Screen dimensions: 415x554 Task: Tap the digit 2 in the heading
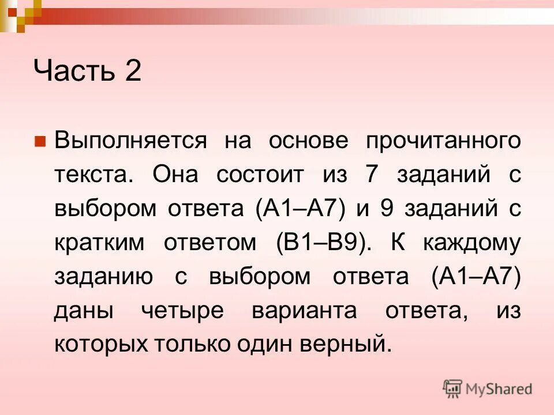click(x=131, y=73)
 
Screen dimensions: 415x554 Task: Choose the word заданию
click(x=104, y=277)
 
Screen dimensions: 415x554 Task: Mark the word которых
click(x=102, y=344)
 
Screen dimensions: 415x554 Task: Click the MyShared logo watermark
click(x=488, y=389)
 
